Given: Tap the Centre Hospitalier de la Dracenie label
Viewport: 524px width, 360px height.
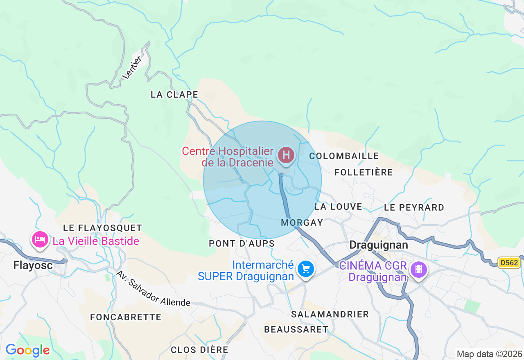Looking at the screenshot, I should point(228,157).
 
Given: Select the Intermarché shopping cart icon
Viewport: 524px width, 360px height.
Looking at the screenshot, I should point(306,269).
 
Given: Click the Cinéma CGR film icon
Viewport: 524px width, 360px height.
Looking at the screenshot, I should point(418,269).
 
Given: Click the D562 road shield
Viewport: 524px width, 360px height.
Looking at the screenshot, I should point(509,263).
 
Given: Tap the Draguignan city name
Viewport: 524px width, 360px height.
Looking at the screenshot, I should point(379,245).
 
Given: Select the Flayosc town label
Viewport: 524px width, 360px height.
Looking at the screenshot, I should point(33,265).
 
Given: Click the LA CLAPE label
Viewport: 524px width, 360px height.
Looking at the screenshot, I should point(174,94).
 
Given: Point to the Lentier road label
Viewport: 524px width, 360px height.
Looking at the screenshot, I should point(132,67).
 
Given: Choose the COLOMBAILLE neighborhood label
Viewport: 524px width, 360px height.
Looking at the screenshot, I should point(344,156).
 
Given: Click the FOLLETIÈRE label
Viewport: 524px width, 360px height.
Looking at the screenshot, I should point(364,172).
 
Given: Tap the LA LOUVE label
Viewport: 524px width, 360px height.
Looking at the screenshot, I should point(339,207).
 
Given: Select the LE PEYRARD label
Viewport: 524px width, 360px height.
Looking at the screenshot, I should point(414,207).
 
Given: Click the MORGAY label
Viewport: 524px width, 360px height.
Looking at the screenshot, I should point(303,223).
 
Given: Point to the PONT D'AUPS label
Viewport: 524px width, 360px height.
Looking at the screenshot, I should point(242,243).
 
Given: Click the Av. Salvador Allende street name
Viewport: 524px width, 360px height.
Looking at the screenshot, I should point(153,288).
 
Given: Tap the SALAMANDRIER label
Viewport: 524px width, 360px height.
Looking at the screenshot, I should point(330,314).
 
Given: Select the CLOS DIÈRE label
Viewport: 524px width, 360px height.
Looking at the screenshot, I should point(200,350).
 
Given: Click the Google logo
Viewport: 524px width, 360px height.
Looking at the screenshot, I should point(27,350).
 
